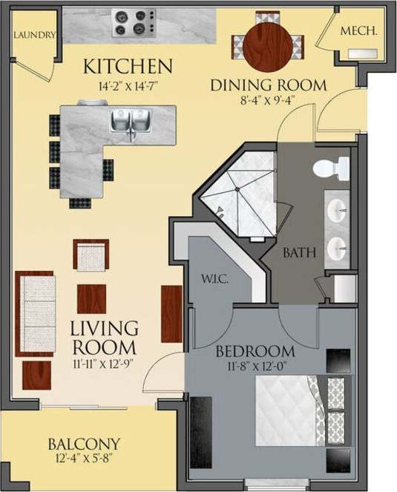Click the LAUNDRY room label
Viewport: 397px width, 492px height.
click(36, 35)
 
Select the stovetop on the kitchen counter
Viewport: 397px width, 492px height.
click(134, 23)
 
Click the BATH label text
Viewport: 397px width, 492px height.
click(300, 253)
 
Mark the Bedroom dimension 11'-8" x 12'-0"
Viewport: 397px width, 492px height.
click(255, 365)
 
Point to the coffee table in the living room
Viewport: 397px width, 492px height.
click(91, 298)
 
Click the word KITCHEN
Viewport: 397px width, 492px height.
click(128, 66)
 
